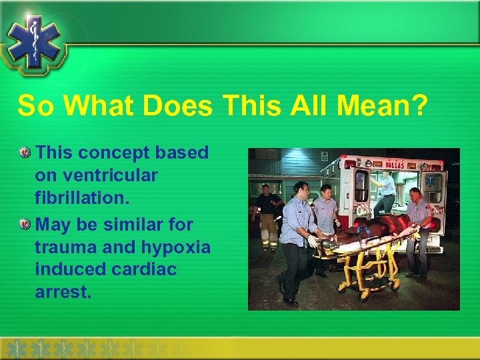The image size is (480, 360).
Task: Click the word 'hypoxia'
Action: point(176,247)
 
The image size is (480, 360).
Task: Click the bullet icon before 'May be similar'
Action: point(25,223)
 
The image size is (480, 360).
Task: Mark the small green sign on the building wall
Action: point(323,156)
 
